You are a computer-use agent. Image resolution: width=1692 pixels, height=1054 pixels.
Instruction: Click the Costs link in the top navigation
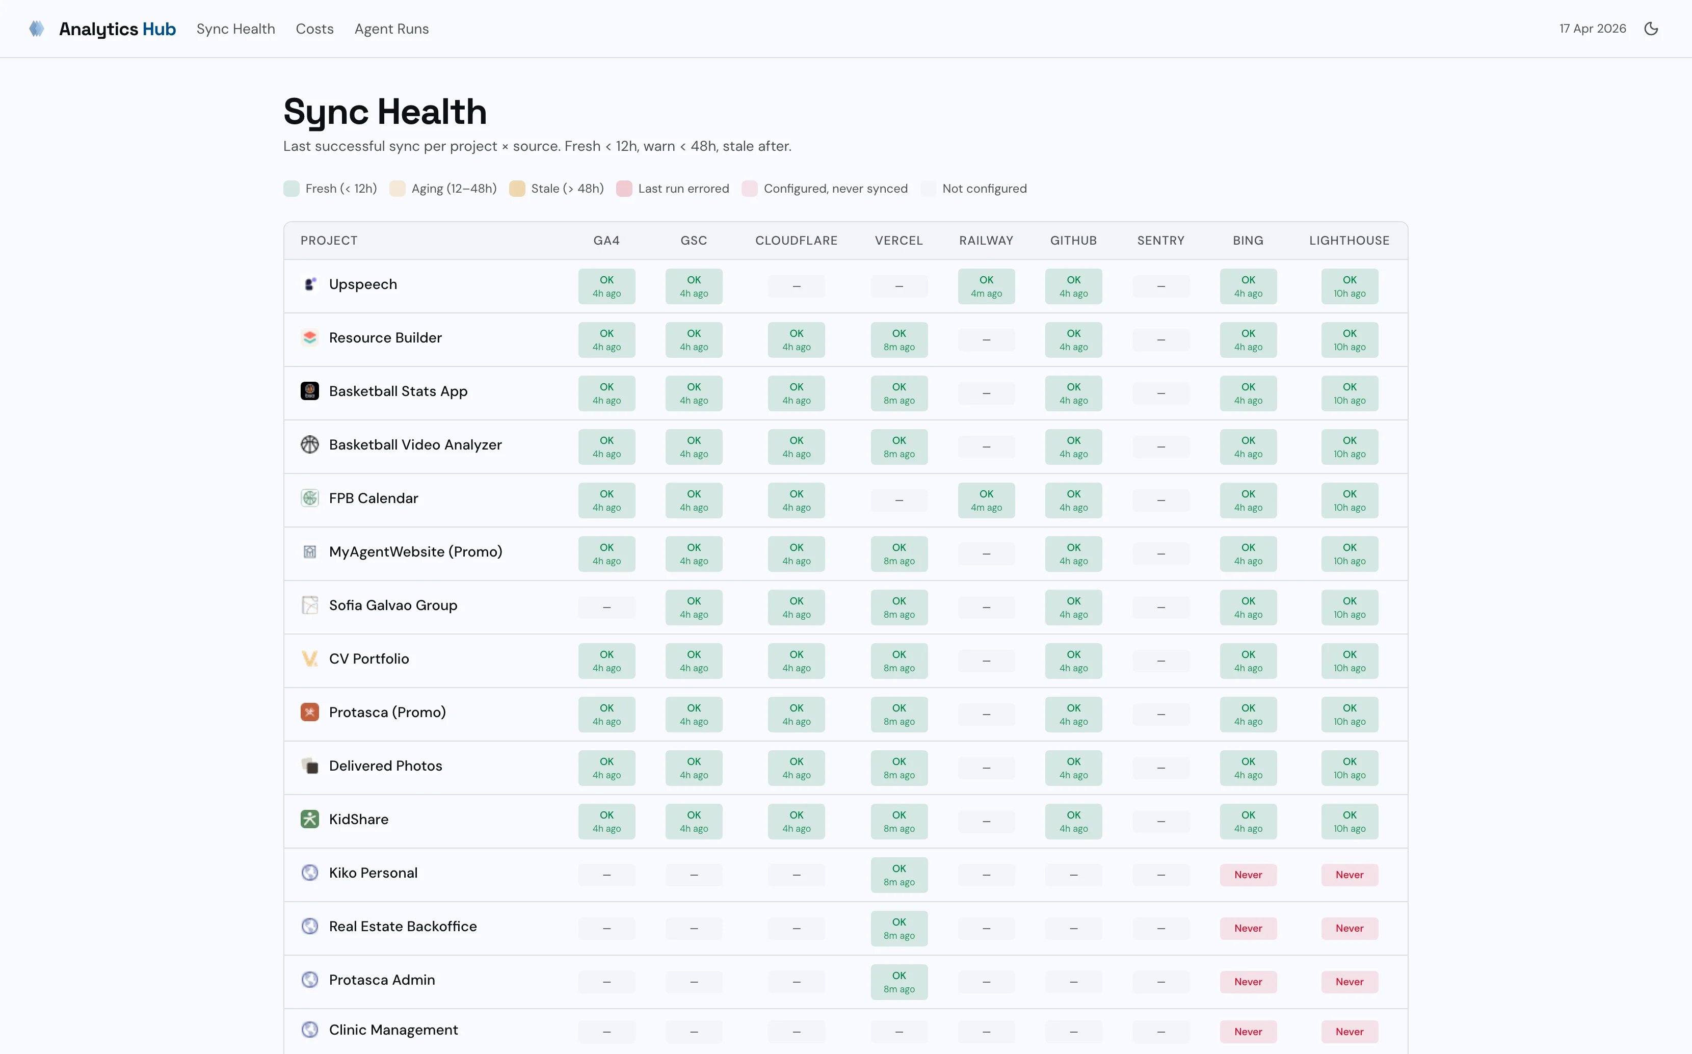click(x=314, y=29)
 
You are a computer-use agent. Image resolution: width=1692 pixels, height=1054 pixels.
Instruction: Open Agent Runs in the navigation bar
click(x=391, y=29)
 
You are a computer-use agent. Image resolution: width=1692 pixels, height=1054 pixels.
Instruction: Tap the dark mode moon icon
click(x=1650, y=29)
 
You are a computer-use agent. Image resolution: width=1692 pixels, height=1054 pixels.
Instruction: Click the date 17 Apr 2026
click(x=1592, y=29)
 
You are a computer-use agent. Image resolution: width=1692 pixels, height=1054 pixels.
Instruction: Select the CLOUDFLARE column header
click(x=796, y=241)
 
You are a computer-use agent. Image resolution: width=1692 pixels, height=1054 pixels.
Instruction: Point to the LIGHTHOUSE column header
click(x=1349, y=241)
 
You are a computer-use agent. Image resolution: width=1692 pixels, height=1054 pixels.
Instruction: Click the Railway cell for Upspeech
click(x=986, y=286)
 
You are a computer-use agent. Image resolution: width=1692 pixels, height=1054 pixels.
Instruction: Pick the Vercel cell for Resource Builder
click(x=899, y=340)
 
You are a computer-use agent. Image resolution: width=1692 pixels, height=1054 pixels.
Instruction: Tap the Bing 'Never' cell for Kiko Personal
click(x=1248, y=875)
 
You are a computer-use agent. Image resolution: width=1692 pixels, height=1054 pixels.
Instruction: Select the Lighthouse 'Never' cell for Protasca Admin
click(x=1349, y=982)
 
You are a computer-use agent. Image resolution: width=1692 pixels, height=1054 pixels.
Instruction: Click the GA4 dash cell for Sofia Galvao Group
click(x=606, y=607)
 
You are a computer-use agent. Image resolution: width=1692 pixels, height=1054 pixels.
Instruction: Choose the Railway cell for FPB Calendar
click(x=986, y=500)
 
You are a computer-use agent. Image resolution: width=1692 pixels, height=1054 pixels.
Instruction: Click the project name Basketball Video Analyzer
click(x=415, y=445)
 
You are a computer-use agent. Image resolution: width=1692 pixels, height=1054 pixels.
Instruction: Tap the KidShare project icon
click(x=309, y=819)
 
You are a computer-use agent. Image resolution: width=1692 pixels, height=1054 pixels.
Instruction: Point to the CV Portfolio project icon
click(x=309, y=658)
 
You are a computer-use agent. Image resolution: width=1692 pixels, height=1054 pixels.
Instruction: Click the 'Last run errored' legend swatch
click(x=624, y=189)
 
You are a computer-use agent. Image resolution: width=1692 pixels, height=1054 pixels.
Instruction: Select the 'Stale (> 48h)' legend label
click(x=567, y=189)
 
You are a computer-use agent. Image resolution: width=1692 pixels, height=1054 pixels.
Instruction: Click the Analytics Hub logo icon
click(x=37, y=29)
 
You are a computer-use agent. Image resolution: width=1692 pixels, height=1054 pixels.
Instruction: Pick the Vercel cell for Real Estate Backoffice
click(x=899, y=929)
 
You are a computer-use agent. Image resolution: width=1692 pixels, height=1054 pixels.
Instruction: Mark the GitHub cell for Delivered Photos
click(x=1073, y=768)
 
